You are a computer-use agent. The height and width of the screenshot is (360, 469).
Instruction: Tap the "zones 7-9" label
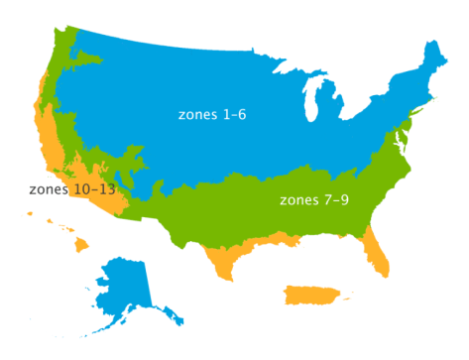[314, 200]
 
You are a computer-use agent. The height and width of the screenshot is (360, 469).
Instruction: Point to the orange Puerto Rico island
[309, 296]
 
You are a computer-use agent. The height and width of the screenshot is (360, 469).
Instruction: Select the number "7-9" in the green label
[337, 200]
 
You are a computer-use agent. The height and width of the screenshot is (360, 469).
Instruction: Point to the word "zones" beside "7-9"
[297, 200]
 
